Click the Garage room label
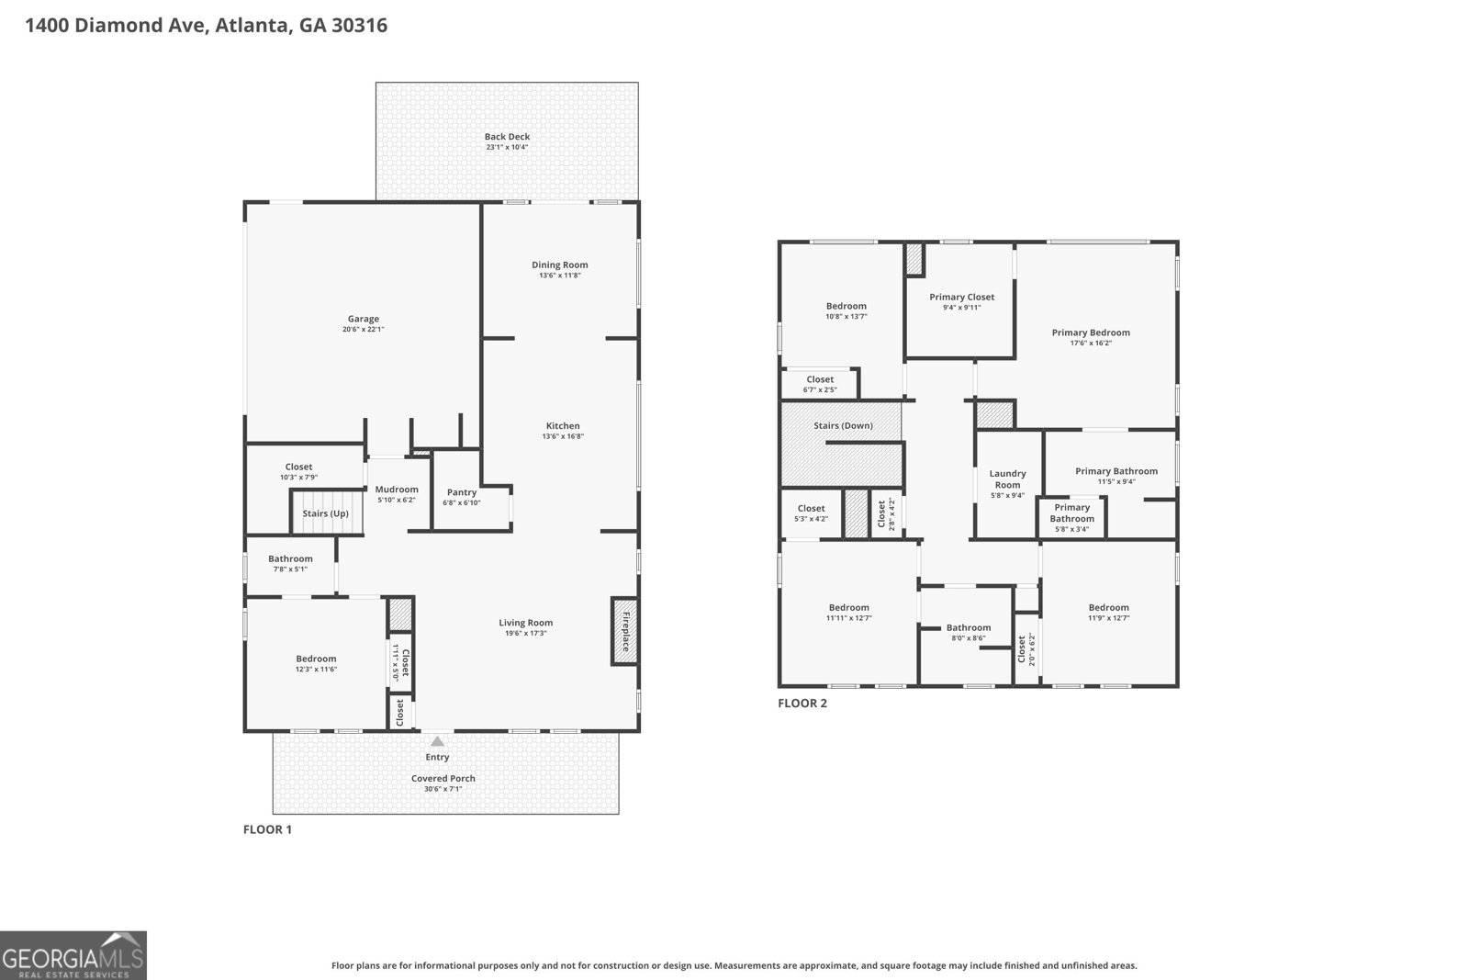pos(363,319)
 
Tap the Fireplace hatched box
pos(624,631)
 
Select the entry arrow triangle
pos(438,741)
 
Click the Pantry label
pos(462,492)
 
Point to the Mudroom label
pos(397,490)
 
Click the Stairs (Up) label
pos(326,513)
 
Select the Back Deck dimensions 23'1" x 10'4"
pos(507,147)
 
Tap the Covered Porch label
pos(443,778)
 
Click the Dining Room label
pos(560,265)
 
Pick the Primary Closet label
pos(961,297)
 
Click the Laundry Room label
pos(1007,479)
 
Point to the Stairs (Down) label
pos(843,425)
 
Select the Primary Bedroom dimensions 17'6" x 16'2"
pos(1091,344)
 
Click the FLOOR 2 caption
pos(802,704)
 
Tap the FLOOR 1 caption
pos(267,829)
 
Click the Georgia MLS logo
pos(73,955)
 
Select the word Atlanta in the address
pos(252,25)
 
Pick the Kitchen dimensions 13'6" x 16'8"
pos(563,436)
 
